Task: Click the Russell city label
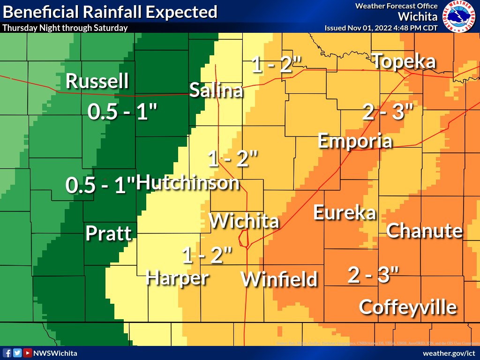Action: tap(97, 81)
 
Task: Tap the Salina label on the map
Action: tap(216, 90)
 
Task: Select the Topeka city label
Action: tap(405, 61)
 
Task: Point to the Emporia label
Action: tap(355, 141)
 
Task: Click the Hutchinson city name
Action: tap(188, 182)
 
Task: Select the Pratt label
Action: tap(108, 233)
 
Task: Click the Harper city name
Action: tap(177, 277)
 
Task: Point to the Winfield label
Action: tap(279, 279)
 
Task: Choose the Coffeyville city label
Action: tap(407, 307)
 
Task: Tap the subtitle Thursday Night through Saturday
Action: tap(65, 28)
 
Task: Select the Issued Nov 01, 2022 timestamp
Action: tap(381, 28)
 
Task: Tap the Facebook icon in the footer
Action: tap(7, 353)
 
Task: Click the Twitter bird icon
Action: tap(17, 353)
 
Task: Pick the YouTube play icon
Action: tap(28, 353)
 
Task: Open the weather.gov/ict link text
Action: tap(449, 353)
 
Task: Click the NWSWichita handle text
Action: tap(55, 353)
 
